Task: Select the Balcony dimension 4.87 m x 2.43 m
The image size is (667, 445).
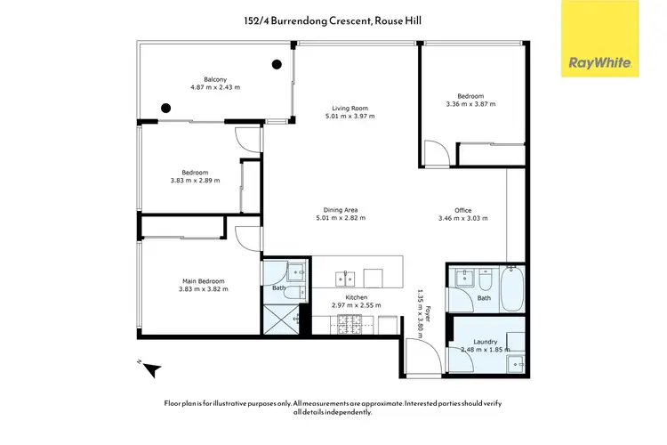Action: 215,87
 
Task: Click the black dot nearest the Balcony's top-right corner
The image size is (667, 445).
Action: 277,63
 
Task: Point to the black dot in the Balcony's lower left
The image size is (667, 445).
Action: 165,109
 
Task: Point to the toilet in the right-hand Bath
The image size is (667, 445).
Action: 486,282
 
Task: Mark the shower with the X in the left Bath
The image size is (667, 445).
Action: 282,318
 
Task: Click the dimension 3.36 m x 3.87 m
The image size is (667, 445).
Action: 470,104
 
